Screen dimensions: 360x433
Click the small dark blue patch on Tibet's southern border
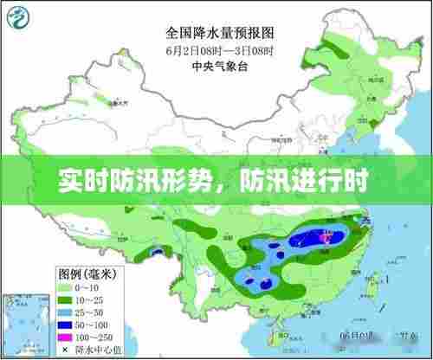point(159,252)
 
